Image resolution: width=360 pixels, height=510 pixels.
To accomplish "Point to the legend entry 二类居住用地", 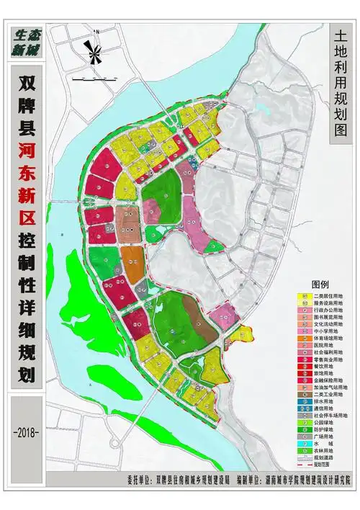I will coord(331,296).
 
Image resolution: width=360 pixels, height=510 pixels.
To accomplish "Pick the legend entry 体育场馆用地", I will coord(331,337).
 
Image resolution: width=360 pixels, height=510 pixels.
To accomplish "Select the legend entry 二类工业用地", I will coord(331,394).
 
